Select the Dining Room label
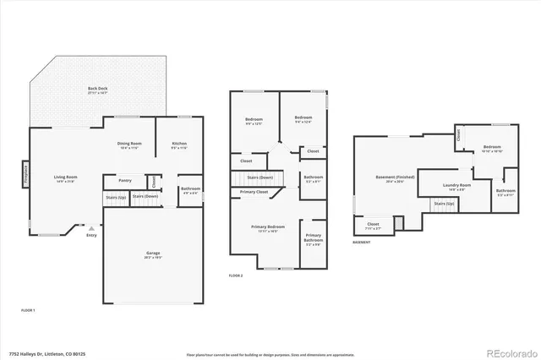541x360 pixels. coord(129,144)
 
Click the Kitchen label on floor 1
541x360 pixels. coord(179,144)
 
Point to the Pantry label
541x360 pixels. coord(124,180)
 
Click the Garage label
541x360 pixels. coord(152,254)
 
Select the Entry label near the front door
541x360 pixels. coord(91,235)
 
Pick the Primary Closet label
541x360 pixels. coord(253,192)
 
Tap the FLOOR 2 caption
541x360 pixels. coord(236,275)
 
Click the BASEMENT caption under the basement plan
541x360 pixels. coord(362,242)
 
